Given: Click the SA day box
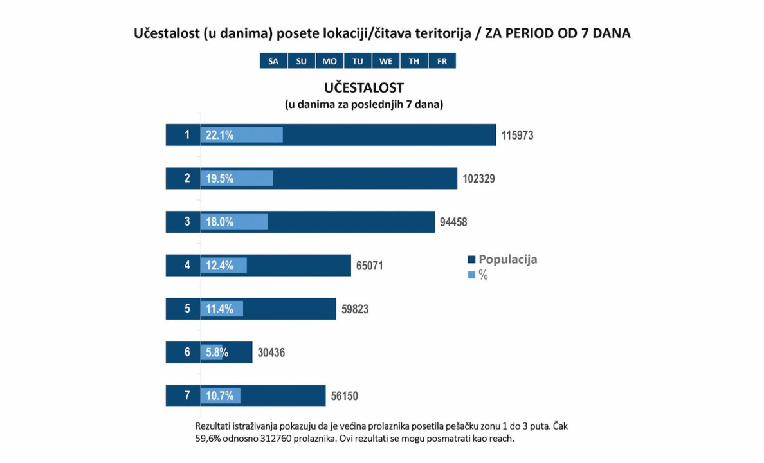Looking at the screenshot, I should tap(273, 61).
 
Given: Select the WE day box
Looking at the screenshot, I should tap(386, 61).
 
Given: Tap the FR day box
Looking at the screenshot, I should tap(442, 61).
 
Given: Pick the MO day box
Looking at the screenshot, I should tap(329, 61).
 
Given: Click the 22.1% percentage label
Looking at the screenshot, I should tap(219, 135).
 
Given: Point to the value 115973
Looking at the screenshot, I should tap(518, 136).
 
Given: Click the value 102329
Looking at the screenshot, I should tap(478, 179).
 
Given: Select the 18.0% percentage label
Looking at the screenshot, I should tap(219, 222).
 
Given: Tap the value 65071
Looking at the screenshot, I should tap(370, 265).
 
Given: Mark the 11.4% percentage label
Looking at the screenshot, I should tap(219, 309).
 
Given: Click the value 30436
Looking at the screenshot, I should tap(271, 352).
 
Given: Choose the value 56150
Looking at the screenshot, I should tap(344, 396).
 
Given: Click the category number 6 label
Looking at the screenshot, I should tap(187, 352).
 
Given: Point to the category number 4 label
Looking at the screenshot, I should tap(187, 265).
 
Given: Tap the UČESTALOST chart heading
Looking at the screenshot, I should tap(364, 87).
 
